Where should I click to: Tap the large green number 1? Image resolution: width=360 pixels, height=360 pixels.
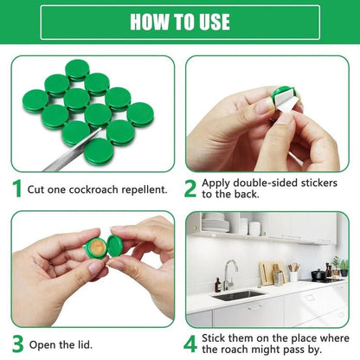17,188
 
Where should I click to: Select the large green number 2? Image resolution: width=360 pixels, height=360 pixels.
191,188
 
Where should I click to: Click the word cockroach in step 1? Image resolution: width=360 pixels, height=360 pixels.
93,189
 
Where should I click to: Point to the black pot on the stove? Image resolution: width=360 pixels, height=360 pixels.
318,274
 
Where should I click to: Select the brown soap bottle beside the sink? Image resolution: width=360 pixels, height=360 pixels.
216,285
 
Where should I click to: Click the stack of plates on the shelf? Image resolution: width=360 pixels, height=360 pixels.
215,226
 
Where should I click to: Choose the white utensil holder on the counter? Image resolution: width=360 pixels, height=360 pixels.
294,276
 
